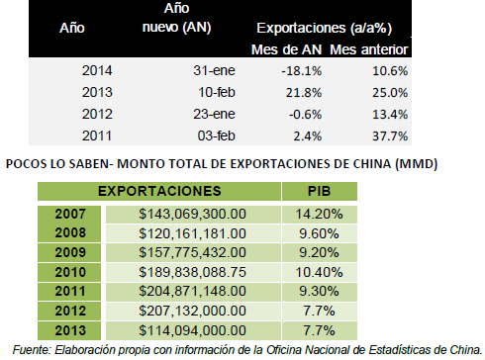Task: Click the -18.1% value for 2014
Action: point(301,71)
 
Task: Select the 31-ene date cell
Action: point(214,70)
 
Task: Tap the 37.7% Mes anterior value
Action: point(390,135)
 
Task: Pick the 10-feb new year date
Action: point(217,92)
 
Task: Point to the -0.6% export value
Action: point(305,115)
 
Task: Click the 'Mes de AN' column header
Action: point(286,49)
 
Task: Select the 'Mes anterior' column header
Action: point(369,49)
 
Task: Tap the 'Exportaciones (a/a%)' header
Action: point(325,29)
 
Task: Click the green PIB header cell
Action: point(320,191)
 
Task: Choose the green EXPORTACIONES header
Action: point(159,191)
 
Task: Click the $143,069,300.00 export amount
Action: point(192,214)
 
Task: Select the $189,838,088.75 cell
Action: point(192,272)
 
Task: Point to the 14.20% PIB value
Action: point(319,214)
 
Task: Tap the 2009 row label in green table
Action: point(70,252)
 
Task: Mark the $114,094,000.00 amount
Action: point(192,330)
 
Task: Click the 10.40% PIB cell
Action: point(319,272)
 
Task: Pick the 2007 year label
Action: point(70,214)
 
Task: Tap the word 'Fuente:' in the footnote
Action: point(32,350)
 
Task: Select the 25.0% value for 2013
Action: point(390,93)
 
